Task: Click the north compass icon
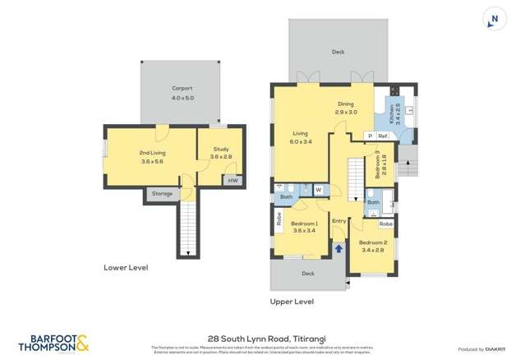pos(494,20)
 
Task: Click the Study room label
pos(221,152)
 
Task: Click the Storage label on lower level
pos(162,194)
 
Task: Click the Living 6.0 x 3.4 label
pos(301,136)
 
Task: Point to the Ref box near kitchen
pos(382,136)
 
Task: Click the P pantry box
pos(370,136)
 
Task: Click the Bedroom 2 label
pos(372,245)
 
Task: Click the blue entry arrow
pos(340,247)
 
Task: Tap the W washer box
pos(318,190)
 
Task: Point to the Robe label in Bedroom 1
pos(279,219)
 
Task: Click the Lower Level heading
pos(126,267)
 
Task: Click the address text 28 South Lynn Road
pos(262,337)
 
